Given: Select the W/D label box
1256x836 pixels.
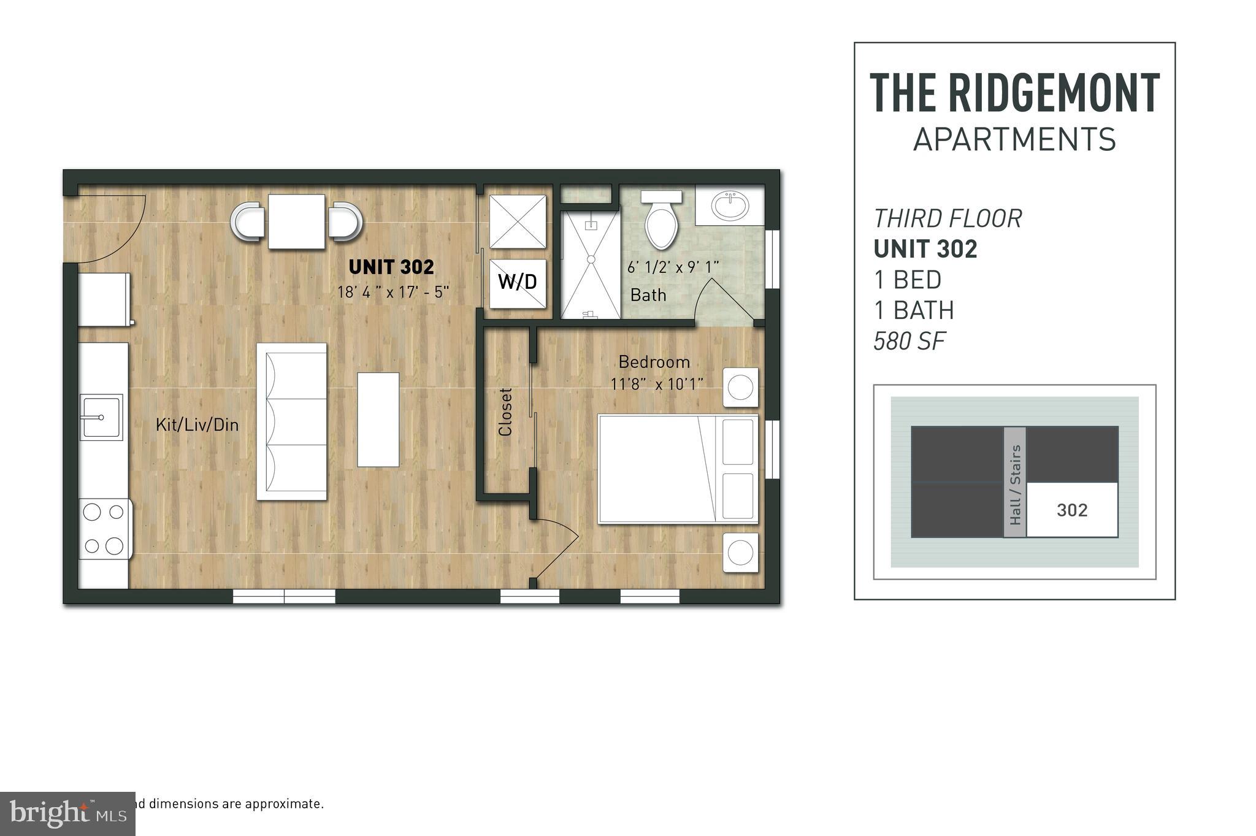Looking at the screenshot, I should [518, 282].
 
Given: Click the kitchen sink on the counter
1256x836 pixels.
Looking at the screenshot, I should [101, 417].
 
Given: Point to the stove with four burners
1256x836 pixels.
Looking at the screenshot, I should [104, 529].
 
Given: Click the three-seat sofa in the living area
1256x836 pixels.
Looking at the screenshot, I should [292, 421].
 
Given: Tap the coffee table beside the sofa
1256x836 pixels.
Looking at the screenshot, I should [378, 420].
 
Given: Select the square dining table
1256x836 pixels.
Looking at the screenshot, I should [296, 221].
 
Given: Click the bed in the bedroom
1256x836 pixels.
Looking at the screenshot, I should [678, 469].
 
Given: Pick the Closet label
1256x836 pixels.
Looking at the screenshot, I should [505, 412].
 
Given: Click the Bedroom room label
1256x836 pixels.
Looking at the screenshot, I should [654, 362].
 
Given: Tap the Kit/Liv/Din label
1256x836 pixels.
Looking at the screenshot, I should [197, 424].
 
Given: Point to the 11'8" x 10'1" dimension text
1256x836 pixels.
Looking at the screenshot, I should [656, 385].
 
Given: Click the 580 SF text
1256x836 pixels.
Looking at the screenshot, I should [909, 341].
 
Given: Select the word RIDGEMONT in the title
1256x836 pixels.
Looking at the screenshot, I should [1053, 93].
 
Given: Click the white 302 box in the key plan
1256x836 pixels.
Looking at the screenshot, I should [1072, 510].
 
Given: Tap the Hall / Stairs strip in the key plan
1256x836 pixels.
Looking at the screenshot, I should [1015, 483].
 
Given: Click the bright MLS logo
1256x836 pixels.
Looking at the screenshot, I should [67, 813].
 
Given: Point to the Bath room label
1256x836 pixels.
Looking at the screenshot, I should [648, 295].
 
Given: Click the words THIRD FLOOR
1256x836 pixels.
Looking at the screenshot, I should [948, 219].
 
